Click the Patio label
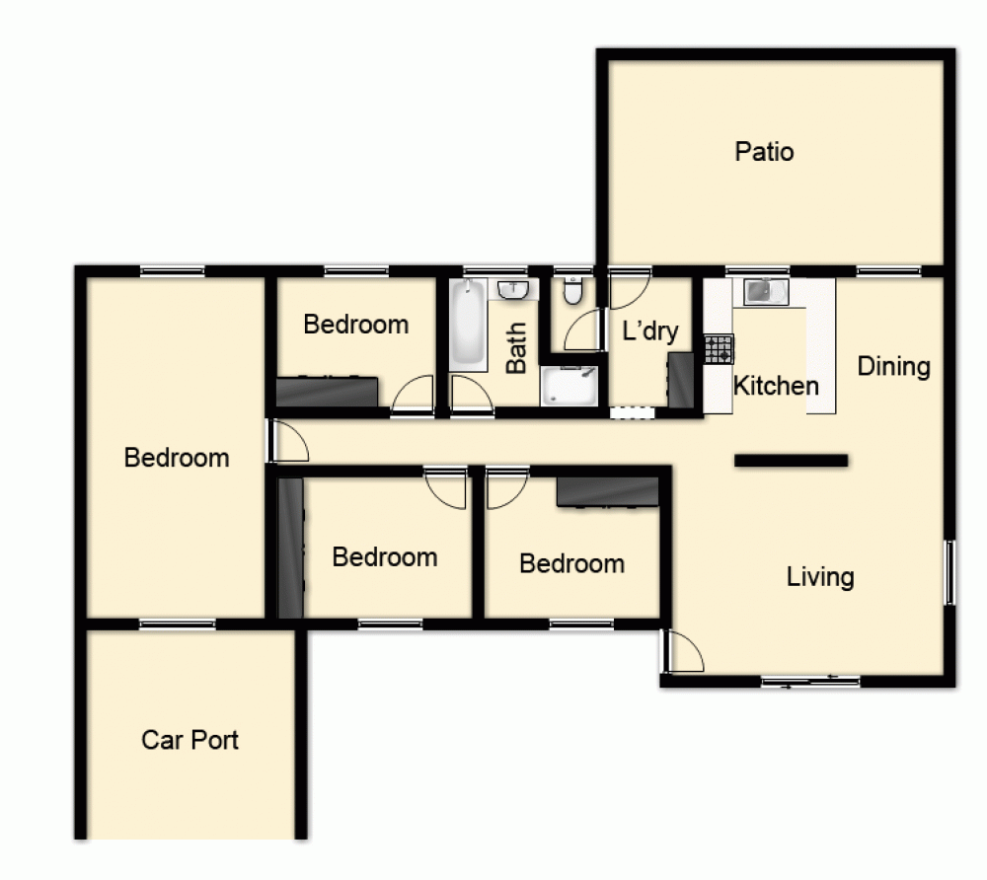764,152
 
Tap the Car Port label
190,739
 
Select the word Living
819,576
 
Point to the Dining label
893,366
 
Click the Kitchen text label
776,385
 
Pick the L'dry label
649,330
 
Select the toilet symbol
572,292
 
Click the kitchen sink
766,292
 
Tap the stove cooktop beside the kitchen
719,349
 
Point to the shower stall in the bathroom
569,385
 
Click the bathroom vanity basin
513,290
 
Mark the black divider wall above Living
791,460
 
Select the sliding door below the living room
809,680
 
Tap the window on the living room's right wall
949,571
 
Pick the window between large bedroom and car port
177,623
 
